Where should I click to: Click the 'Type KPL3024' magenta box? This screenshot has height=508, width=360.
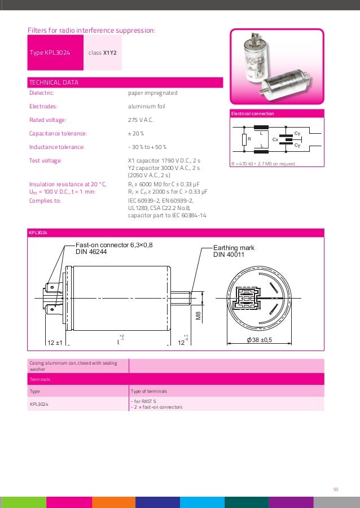pyautogui.click(x=55, y=52)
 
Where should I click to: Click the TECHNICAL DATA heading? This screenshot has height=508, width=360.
pyautogui.click(x=54, y=82)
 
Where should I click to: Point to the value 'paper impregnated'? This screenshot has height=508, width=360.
pyautogui.click(x=152, y=93)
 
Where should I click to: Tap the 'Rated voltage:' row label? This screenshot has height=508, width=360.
pyautogui.click(x=47, y=120)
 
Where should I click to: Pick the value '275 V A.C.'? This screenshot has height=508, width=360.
pyautogui.click(x=141, y=120)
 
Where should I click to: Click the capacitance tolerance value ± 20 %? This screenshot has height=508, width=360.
pyautogui.click(x=136, y=133)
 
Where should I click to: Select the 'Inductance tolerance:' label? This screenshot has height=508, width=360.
pyautogui.click(x=56, y=147)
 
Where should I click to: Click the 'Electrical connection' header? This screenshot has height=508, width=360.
pyautogui.click(x=252, y=113)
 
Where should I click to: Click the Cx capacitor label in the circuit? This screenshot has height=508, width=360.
pyautogui.click(x=275, y=139)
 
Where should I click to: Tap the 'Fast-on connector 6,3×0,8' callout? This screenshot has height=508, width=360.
pyautogui.click(x=114, y=245)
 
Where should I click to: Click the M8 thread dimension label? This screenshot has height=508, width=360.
pyautogui.click(x=198, y=316)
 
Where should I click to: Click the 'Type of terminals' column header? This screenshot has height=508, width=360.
pyautogui.click(x=148, y=391)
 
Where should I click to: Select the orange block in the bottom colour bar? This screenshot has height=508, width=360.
pyautogui.click(x=113, y=502)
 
